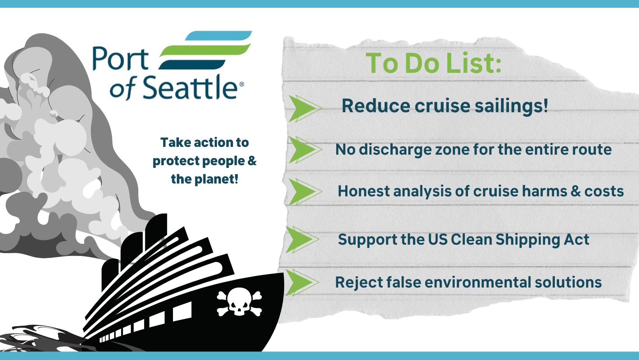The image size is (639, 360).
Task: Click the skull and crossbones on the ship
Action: pos(239,302)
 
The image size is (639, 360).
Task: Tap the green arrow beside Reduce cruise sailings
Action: pos(305,108)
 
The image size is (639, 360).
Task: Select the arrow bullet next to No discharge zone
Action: pos(305,150)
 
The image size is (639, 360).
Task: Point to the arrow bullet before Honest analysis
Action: pos(305,192)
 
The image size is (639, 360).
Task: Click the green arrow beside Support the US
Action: pos(302,240)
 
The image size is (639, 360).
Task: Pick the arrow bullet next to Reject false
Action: pos(302,282)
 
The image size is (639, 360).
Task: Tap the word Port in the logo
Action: pos(120,59)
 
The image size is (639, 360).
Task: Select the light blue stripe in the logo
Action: pos(219,35)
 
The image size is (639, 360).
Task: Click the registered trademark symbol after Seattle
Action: pos(242,84)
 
